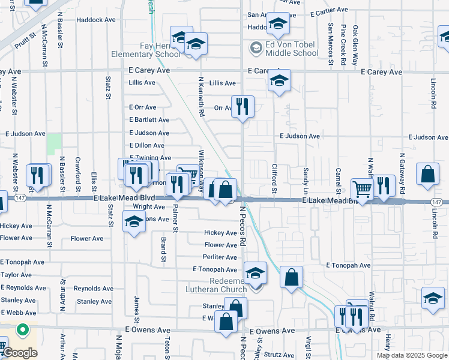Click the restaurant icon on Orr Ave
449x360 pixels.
click(243, 107)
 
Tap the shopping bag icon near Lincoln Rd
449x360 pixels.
click(427, 175)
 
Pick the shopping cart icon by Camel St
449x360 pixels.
click(363, 189)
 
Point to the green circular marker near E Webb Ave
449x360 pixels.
click(22, 329)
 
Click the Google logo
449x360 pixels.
click(20, 352)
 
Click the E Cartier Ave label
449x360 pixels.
click(330, 10)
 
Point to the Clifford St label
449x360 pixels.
click(274, 179)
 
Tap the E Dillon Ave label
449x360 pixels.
click(146, 145)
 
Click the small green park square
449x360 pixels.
click(55, 142)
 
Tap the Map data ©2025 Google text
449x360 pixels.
click(412, 355)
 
